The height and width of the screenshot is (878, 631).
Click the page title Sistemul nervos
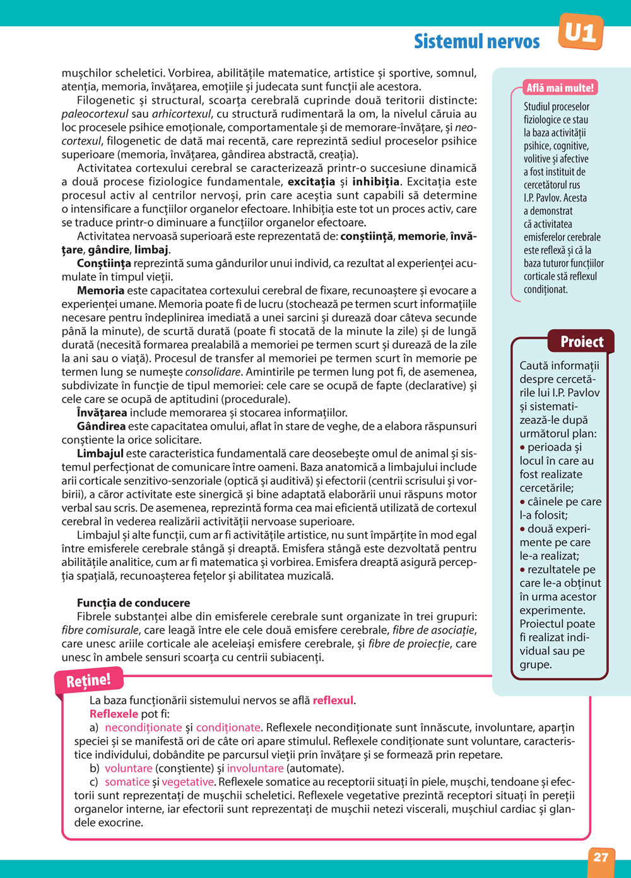pyautogui.click(x=476, y=42)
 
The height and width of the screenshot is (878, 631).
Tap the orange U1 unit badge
pyautogui.click(x=581, y=32)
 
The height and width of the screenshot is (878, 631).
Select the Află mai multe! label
pyautogui.click(x=560, y=88)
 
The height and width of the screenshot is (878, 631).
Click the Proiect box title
pyautogui.click(x=582, y=342)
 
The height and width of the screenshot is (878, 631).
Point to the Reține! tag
pyautogui.click(x=88, y=680)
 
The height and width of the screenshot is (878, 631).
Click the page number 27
pyautogui.click(x=601, y=857)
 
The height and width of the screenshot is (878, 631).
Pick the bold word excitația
pyautogui.click(x=311, y=182)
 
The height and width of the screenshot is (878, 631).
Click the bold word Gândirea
pyautogui.click(x=101, y=426)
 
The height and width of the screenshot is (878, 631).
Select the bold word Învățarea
pyautogui.click(x=102, y=412)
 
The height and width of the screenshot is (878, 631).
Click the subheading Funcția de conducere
pyautogui.click(x=133, y=603)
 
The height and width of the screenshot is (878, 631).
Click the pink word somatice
pyautogui.click(x=127, y=782)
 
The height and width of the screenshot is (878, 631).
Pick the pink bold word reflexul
pyautogui.click(x=333, y=700)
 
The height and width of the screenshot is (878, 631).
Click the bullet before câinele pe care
pyautogui.click(x=522, y=502)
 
